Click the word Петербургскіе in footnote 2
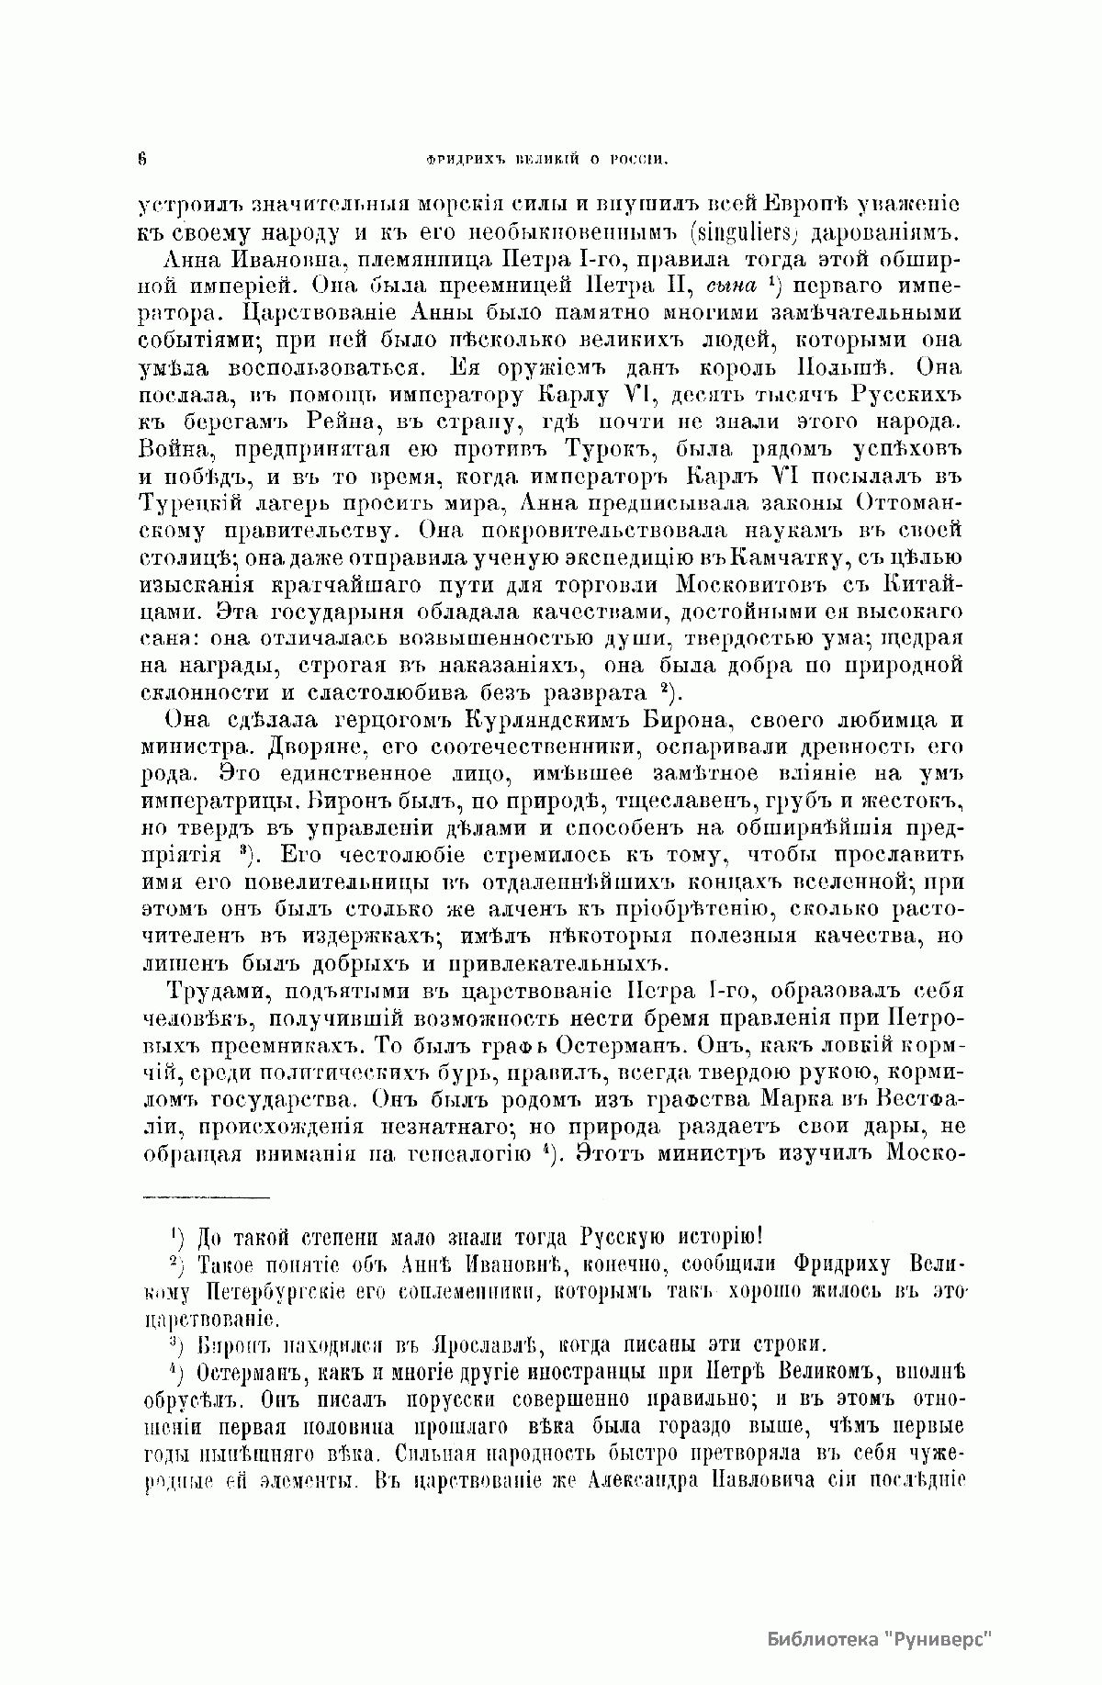coord(275,1294)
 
